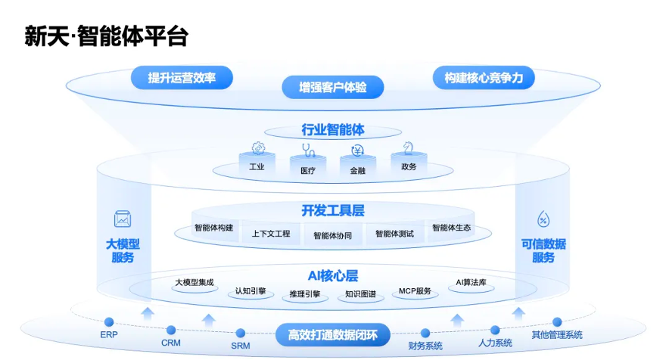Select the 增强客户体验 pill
pyautogui.click(x=333, y=87)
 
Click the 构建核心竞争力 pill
pyautogui.click(x=484, y=77)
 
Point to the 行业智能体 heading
pyautogui.click(x=333, y=130)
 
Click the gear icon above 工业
pyautogui.click(x=258, y=148)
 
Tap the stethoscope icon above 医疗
pyautogui.click(x=308, y=150)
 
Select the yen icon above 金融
pyautogui.click(x=358, y=151)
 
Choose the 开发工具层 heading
pyautogui.click(x=333, y=209)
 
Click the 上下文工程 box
pyautogui.click(x=271, y=234)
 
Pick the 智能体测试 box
pyautogui.click(x=394, y=234)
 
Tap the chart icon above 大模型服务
pyautogui.click(x=123, y=219)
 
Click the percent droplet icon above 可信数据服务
pyautogui.click(x=543, y=219)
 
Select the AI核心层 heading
pyautogui.click(x=333, y=276)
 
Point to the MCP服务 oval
pyautogui.click(x=415, y=291)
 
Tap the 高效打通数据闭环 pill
pyautogui.click(x=333, y=334)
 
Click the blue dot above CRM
pyautogui.click(x=171, y=330)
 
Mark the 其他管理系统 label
pyautogui.click(x=557, y=334)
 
